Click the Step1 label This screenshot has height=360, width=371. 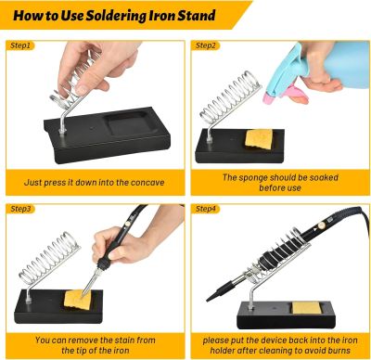pos(20,45)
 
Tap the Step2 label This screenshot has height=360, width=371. pos(205,45)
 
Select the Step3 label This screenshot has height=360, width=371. pos(20,209)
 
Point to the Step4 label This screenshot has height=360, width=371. pos(205,209)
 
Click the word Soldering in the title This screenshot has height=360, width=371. pos(116,16)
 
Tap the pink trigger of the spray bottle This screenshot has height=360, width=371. pos(296,95)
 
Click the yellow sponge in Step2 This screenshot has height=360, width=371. pos(259,138)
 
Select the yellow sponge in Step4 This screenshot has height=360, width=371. pos(306,308)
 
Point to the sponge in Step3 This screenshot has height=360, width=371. pos(77,299)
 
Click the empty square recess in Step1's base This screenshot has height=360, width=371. pos(131,122)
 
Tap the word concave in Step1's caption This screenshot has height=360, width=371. pos(147,183)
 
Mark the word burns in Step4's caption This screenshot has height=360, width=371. pos(339,351)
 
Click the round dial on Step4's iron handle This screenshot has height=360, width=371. pos(323,225)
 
